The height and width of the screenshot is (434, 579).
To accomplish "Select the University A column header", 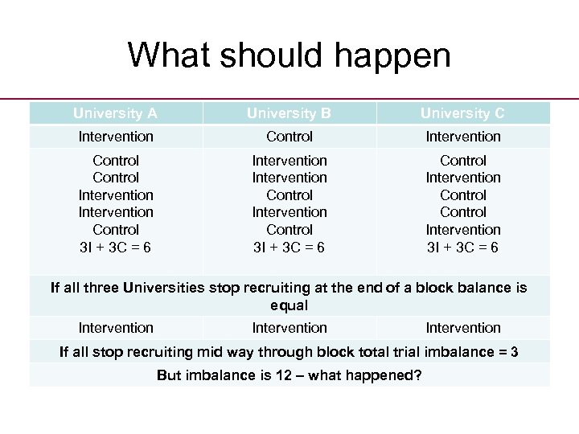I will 117,113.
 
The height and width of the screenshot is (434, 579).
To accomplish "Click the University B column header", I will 289,113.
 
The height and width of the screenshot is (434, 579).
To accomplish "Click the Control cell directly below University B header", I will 289,137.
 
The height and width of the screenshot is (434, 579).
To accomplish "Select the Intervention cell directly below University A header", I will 117,137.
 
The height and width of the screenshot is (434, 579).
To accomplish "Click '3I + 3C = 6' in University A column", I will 117,247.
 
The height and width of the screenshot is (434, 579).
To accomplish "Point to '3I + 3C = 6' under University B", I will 289,247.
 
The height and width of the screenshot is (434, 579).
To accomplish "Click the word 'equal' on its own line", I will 289,305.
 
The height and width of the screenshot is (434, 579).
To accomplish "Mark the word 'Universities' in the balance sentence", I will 166,288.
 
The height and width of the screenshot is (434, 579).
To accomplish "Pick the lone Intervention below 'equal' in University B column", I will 289,328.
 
